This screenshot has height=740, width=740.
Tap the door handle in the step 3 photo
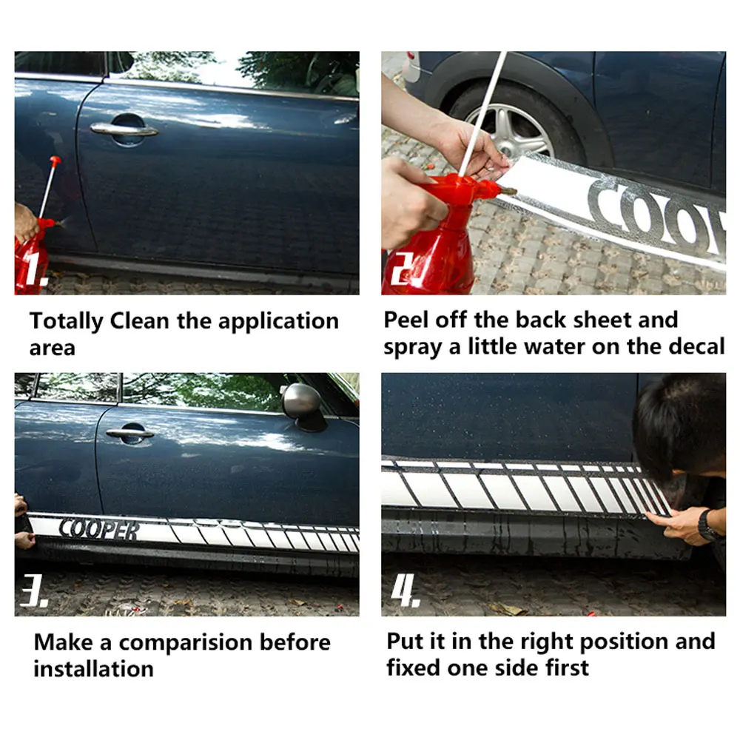[129, 433]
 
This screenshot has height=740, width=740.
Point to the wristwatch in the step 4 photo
[708, 525]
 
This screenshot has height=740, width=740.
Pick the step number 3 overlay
[33, 590]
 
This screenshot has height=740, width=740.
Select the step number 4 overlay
[405, 590]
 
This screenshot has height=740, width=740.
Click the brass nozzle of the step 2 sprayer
[508, 192]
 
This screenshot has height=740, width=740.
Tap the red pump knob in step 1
[55, 161]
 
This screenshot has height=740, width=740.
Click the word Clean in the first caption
[139, 321]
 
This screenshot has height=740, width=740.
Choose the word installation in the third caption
[93, 669]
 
